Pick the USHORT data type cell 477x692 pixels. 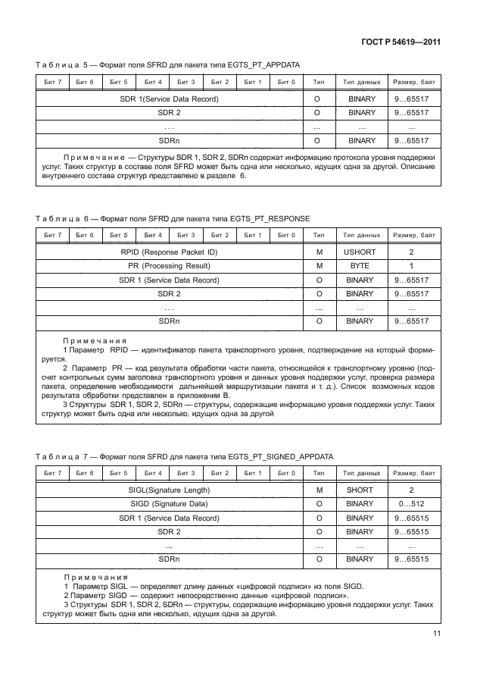coord(360,251)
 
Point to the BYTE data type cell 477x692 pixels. coord(360,265)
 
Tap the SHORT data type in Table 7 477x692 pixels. coord(360,490)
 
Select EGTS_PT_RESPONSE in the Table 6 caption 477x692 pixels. coord(267,218)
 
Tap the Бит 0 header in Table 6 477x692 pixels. coord(285,234)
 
